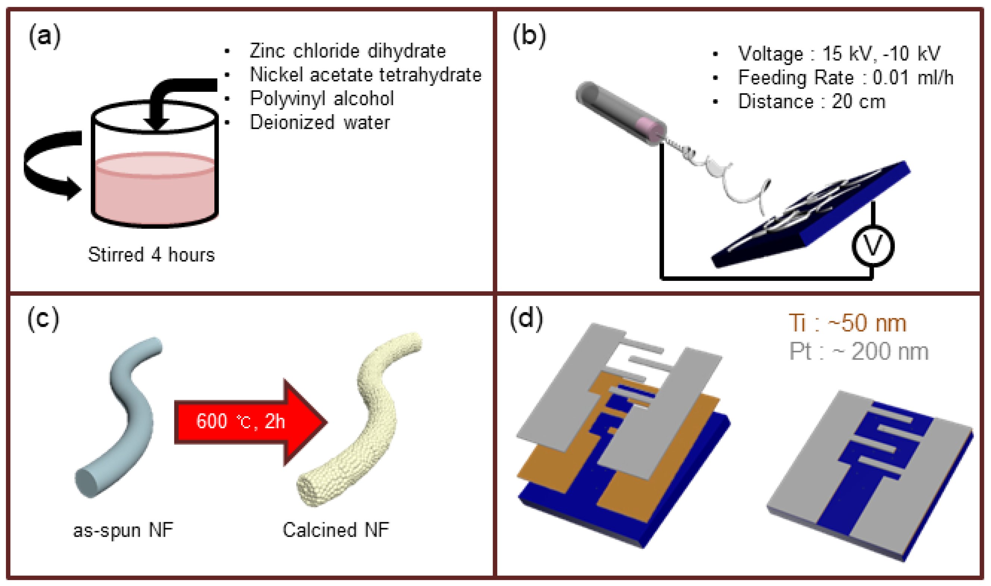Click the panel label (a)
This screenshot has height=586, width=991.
pos(45,36)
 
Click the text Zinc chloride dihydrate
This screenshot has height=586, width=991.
pos(348,51)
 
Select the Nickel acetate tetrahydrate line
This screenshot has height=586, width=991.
pos(365,75)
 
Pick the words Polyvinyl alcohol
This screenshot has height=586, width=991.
pos(322,99)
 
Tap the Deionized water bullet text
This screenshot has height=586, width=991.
pos(320,122)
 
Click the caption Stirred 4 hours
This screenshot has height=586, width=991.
pos(151,255)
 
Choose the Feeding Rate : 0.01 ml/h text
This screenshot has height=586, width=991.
pos(845,77)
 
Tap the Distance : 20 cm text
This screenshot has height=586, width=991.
pos(811,101)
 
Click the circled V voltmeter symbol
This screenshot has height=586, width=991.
pos(872,245)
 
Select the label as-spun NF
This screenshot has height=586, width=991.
pos(123,530)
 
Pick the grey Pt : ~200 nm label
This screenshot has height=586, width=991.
pos(858,351)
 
